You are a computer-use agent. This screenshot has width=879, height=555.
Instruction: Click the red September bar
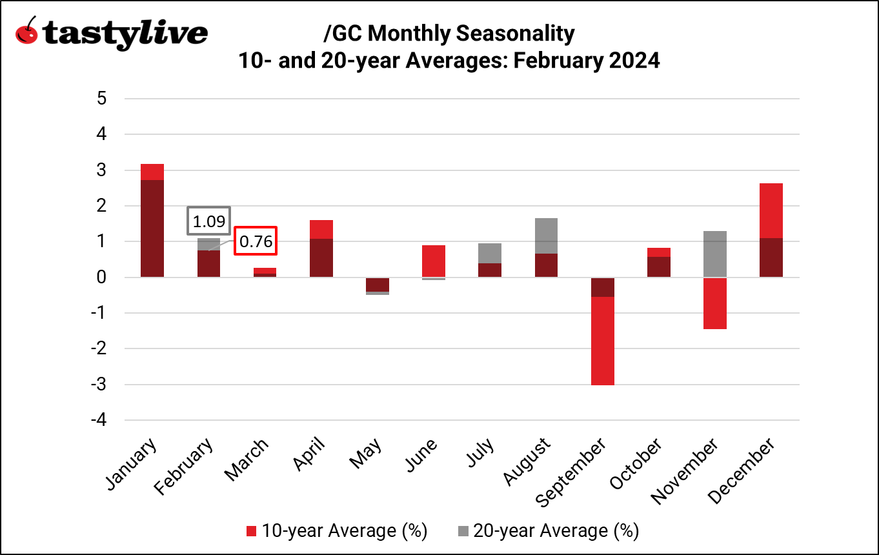click(603, 341)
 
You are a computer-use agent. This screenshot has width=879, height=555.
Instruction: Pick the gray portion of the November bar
click(715, 254)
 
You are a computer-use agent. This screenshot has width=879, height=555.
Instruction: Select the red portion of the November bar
click(715, 303)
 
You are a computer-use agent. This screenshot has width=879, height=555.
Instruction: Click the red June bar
click(434, 261)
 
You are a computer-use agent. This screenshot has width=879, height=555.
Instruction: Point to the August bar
click(547, 248)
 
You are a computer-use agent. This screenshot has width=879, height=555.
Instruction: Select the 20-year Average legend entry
click(548, 531)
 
